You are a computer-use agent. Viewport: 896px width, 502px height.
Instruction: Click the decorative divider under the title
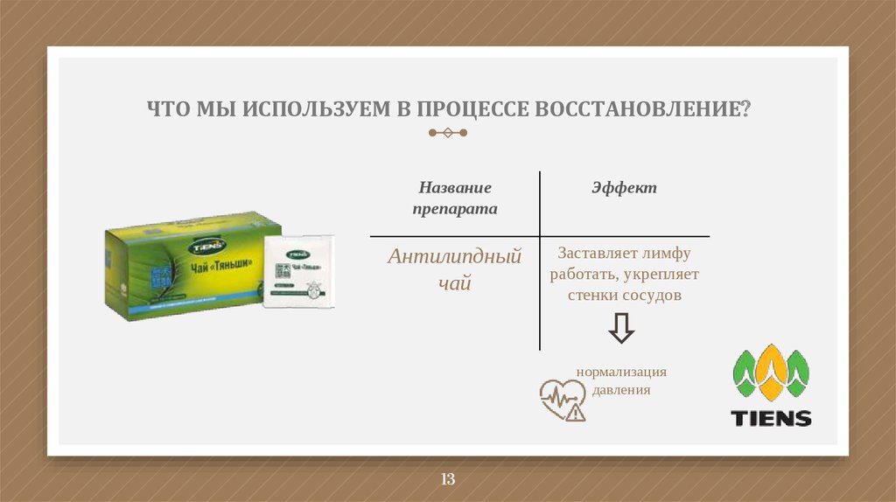tap(447, 133)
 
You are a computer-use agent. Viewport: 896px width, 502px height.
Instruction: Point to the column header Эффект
tap(624, 188)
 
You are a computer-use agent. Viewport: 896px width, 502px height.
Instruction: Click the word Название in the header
tap(455, 188)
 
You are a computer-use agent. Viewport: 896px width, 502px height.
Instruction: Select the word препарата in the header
tap(455, 210)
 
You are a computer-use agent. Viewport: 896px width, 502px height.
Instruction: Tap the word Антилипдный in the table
tap(455, 257)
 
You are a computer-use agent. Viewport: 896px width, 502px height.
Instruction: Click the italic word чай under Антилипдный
tap(455, 282)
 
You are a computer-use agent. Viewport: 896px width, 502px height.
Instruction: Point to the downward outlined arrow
tap(622, 330)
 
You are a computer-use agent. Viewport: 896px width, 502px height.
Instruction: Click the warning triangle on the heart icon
tap(575, 413)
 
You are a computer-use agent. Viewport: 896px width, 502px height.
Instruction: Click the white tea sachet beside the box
tap(298, 271)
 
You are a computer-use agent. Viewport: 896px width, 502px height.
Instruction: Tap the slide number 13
tap(448, 479)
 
